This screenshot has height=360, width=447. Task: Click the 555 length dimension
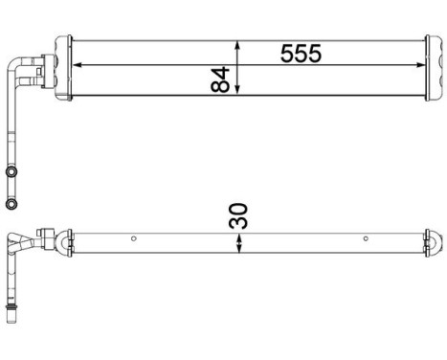pos(300,54)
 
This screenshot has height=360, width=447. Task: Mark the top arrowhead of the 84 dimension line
pos(238,43)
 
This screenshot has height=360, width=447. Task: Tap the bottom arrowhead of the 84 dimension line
pos(238,95)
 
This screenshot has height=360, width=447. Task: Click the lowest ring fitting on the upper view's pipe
pos(11,204)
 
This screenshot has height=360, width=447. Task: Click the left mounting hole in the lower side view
pos(135,239)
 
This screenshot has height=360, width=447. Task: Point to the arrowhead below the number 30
pos(238,251)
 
